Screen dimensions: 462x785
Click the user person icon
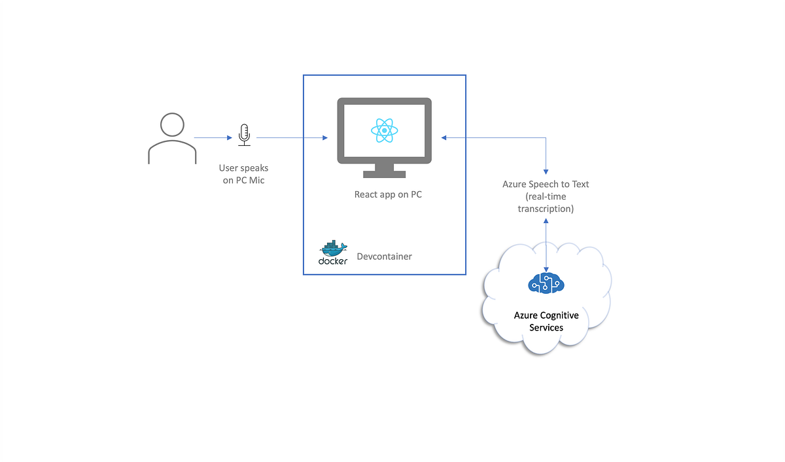(172, 138)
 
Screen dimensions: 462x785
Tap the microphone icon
(244, 133)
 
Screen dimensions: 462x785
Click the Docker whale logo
(333, 249)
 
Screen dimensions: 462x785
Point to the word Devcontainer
(384, 257)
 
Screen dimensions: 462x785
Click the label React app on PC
(384, 194)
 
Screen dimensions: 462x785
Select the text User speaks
(243, 168)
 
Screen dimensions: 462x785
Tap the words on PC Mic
(243, 180)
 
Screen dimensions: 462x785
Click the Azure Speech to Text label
(546, 185)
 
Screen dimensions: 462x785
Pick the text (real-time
(546, 197)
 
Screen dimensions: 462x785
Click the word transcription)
(546, 209)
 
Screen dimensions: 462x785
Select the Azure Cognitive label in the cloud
(546, 315)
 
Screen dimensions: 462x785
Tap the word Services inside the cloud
(546, 327)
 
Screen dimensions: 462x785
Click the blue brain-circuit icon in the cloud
(546, 283)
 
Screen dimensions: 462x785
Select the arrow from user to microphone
(213, 138)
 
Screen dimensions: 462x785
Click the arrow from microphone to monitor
(291, 138)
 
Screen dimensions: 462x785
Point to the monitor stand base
(384, 174)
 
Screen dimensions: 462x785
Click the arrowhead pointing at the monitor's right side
(444, 138)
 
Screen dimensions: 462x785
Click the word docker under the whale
(333, 261)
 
